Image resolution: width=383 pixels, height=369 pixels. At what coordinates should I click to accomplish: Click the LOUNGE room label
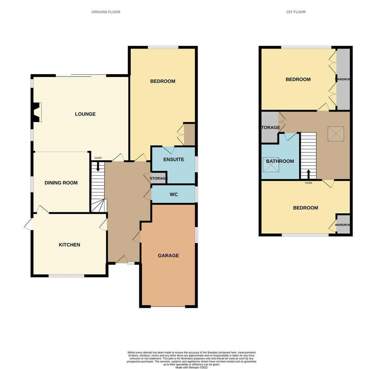tap(85, 114)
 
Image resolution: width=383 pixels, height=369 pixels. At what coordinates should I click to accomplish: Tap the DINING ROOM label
tap(61, 183)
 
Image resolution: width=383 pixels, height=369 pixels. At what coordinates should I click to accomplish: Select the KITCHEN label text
tap(69, 245)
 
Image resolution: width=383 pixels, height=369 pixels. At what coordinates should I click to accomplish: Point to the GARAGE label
tap(168, 256)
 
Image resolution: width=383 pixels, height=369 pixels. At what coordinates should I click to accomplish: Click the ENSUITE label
tap(174, 160)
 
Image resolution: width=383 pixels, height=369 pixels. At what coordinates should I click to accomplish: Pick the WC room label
tap(174, 194)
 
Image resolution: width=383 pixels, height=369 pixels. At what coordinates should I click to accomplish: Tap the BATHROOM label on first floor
tap(280, 161)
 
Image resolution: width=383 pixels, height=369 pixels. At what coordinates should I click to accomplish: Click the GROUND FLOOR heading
tap(106, 12)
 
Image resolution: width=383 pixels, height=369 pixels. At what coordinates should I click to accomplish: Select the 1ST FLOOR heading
tap(296, 12)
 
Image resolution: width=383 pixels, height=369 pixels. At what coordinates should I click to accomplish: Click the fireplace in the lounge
tap(37, 112)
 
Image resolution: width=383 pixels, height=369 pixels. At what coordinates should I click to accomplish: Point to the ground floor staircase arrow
tap(98, 166)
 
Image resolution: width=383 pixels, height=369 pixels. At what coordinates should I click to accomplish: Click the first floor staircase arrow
tap(308, 174)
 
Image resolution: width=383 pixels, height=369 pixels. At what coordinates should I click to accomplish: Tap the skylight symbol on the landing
tap(336, 134)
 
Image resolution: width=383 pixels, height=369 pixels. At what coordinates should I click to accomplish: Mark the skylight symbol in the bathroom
tap(271, 165)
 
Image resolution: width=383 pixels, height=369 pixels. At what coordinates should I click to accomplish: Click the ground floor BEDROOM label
tap(163, 81)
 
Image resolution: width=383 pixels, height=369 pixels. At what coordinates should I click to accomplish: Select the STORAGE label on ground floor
tap(159, 178)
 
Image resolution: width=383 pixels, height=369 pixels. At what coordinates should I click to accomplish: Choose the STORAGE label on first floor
tap(269, 127)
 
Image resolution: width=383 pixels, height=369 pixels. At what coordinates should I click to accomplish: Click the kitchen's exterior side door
tap(28, 224)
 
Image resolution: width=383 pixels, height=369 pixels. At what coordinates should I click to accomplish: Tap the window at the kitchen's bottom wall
tap(67, 276)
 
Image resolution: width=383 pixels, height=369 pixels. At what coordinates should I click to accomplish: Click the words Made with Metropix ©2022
tap(191, 367)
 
